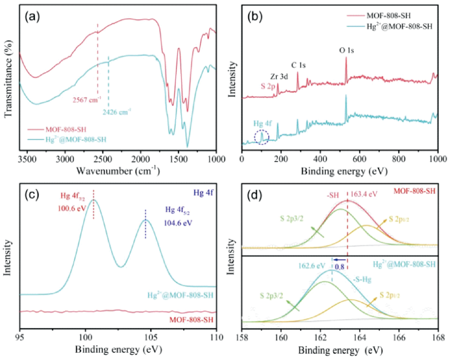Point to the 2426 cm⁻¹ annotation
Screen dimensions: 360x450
click(118, 110)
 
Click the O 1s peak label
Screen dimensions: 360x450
click(347, 49)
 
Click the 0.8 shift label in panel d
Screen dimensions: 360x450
click(339, 266)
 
